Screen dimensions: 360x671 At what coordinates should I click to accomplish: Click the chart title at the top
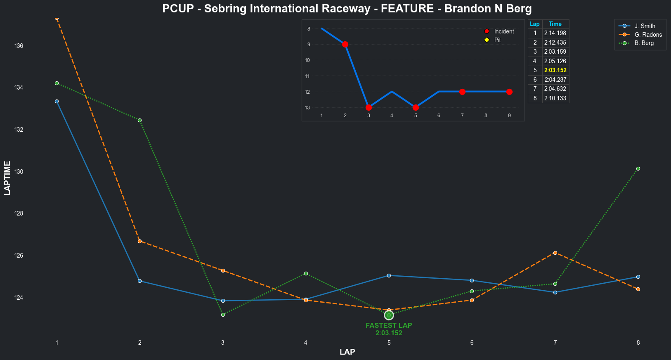pyautogui.click(x=347, y=9)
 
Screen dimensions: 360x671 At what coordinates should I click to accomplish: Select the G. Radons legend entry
pyautogui.click(x=648, y=35)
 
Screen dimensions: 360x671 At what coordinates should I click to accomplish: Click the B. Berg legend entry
pyautogui.click(x=644, y=43)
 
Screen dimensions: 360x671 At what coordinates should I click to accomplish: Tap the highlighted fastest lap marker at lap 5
pyautogui.click(x=389, y=315)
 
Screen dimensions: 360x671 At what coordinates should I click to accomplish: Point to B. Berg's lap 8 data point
pyautogui.click(x=638, y=168)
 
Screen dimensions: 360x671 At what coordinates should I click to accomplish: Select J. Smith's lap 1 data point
pyautogui.click(x=57, y=101)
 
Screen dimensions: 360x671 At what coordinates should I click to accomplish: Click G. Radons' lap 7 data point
pyautogui.click(x=555, y=253)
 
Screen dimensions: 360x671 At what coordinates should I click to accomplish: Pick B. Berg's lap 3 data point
pyautogui.click(x=223, y=315)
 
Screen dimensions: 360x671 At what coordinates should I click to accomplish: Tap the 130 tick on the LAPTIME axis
pyautogui.click(x=19, y=172)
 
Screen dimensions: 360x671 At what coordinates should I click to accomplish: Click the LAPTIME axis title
pyautogui.click(x=7, y=178)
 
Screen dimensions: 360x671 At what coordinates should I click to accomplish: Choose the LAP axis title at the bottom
pyautogui.click(x=347, y=352)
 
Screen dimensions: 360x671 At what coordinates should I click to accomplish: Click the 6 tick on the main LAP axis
pyautogui.click(x=472, y=343)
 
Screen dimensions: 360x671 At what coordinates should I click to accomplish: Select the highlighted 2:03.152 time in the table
pyautogui.click(x=555, y=70)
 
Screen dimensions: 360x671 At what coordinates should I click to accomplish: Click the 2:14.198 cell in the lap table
pyautogui.click(x=555, y=33)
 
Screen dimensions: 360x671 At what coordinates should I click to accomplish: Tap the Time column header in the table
pyautogui.click(x=555, y=24)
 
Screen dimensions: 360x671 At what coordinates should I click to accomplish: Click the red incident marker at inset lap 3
pyautogui.click(x=369, y=107)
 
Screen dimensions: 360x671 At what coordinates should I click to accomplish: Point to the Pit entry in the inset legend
pyautogui.click(x=497, y=40)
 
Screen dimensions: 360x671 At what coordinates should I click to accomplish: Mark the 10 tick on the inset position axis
pyautogui.click(x=307, y=60)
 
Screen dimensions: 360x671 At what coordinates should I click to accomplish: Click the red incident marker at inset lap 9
pyautogui.click(x=509, y=92)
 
